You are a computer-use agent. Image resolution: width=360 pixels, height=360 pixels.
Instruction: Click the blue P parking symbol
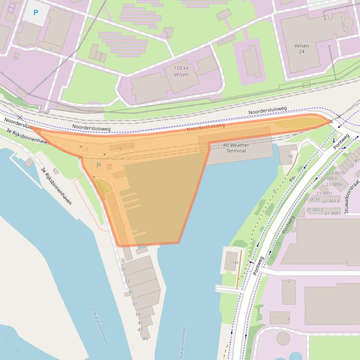(36, 13)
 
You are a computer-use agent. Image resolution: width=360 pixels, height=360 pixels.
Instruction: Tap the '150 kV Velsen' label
(181, 72)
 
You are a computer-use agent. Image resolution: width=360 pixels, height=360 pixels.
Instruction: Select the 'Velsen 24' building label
(301, 49)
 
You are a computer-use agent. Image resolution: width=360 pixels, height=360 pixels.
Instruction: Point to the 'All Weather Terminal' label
(236, 148)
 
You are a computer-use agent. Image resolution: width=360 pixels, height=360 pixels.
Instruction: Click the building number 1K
(291, 156)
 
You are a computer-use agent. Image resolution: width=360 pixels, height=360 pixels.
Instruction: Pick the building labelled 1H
(235, 263)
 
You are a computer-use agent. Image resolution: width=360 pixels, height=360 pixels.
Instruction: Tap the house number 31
(124, 270)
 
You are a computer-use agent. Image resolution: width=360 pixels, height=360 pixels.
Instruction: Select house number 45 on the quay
(146, 338)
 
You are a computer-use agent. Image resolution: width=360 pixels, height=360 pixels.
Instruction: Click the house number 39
(138, 315)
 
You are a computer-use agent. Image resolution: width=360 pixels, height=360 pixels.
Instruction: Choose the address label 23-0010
(337, 173)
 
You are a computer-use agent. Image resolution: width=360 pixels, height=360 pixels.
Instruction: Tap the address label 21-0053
(315, 210)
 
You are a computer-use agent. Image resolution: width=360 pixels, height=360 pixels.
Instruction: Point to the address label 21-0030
(312, 199)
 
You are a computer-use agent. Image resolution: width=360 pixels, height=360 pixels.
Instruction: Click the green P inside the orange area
(98, 166)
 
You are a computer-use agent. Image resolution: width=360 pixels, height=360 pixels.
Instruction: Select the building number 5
(347, 263)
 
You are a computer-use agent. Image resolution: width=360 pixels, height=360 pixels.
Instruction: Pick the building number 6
(289, 319)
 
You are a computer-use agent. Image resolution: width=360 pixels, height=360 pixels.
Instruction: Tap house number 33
(127, 281)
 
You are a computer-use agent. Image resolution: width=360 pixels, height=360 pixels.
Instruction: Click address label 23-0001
(324, 194)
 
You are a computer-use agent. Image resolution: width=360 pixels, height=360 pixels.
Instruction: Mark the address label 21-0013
(331, 202)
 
